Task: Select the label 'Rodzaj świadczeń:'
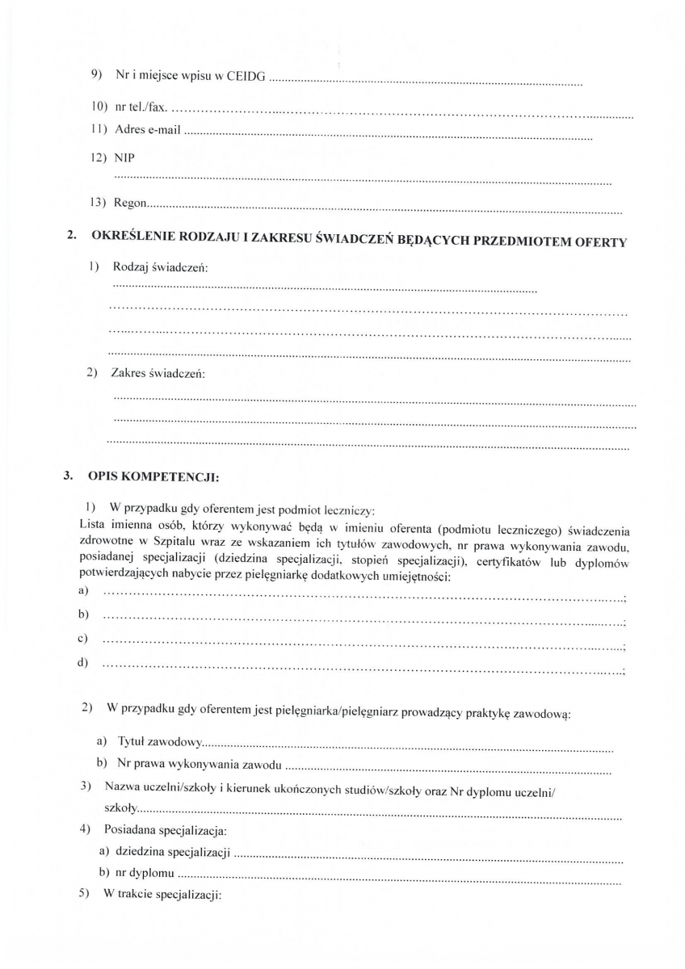[x=160, y=266]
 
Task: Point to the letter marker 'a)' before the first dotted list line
[x=83, y=592]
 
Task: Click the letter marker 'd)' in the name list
[x=83, y=664]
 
